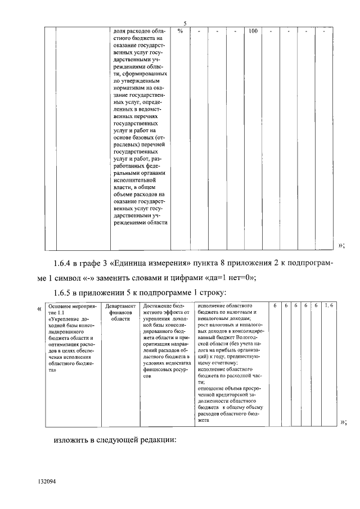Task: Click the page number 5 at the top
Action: (185, 23)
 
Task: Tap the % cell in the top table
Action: (180, 31)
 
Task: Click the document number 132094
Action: (47, 482)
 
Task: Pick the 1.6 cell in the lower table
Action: (328, 305)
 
